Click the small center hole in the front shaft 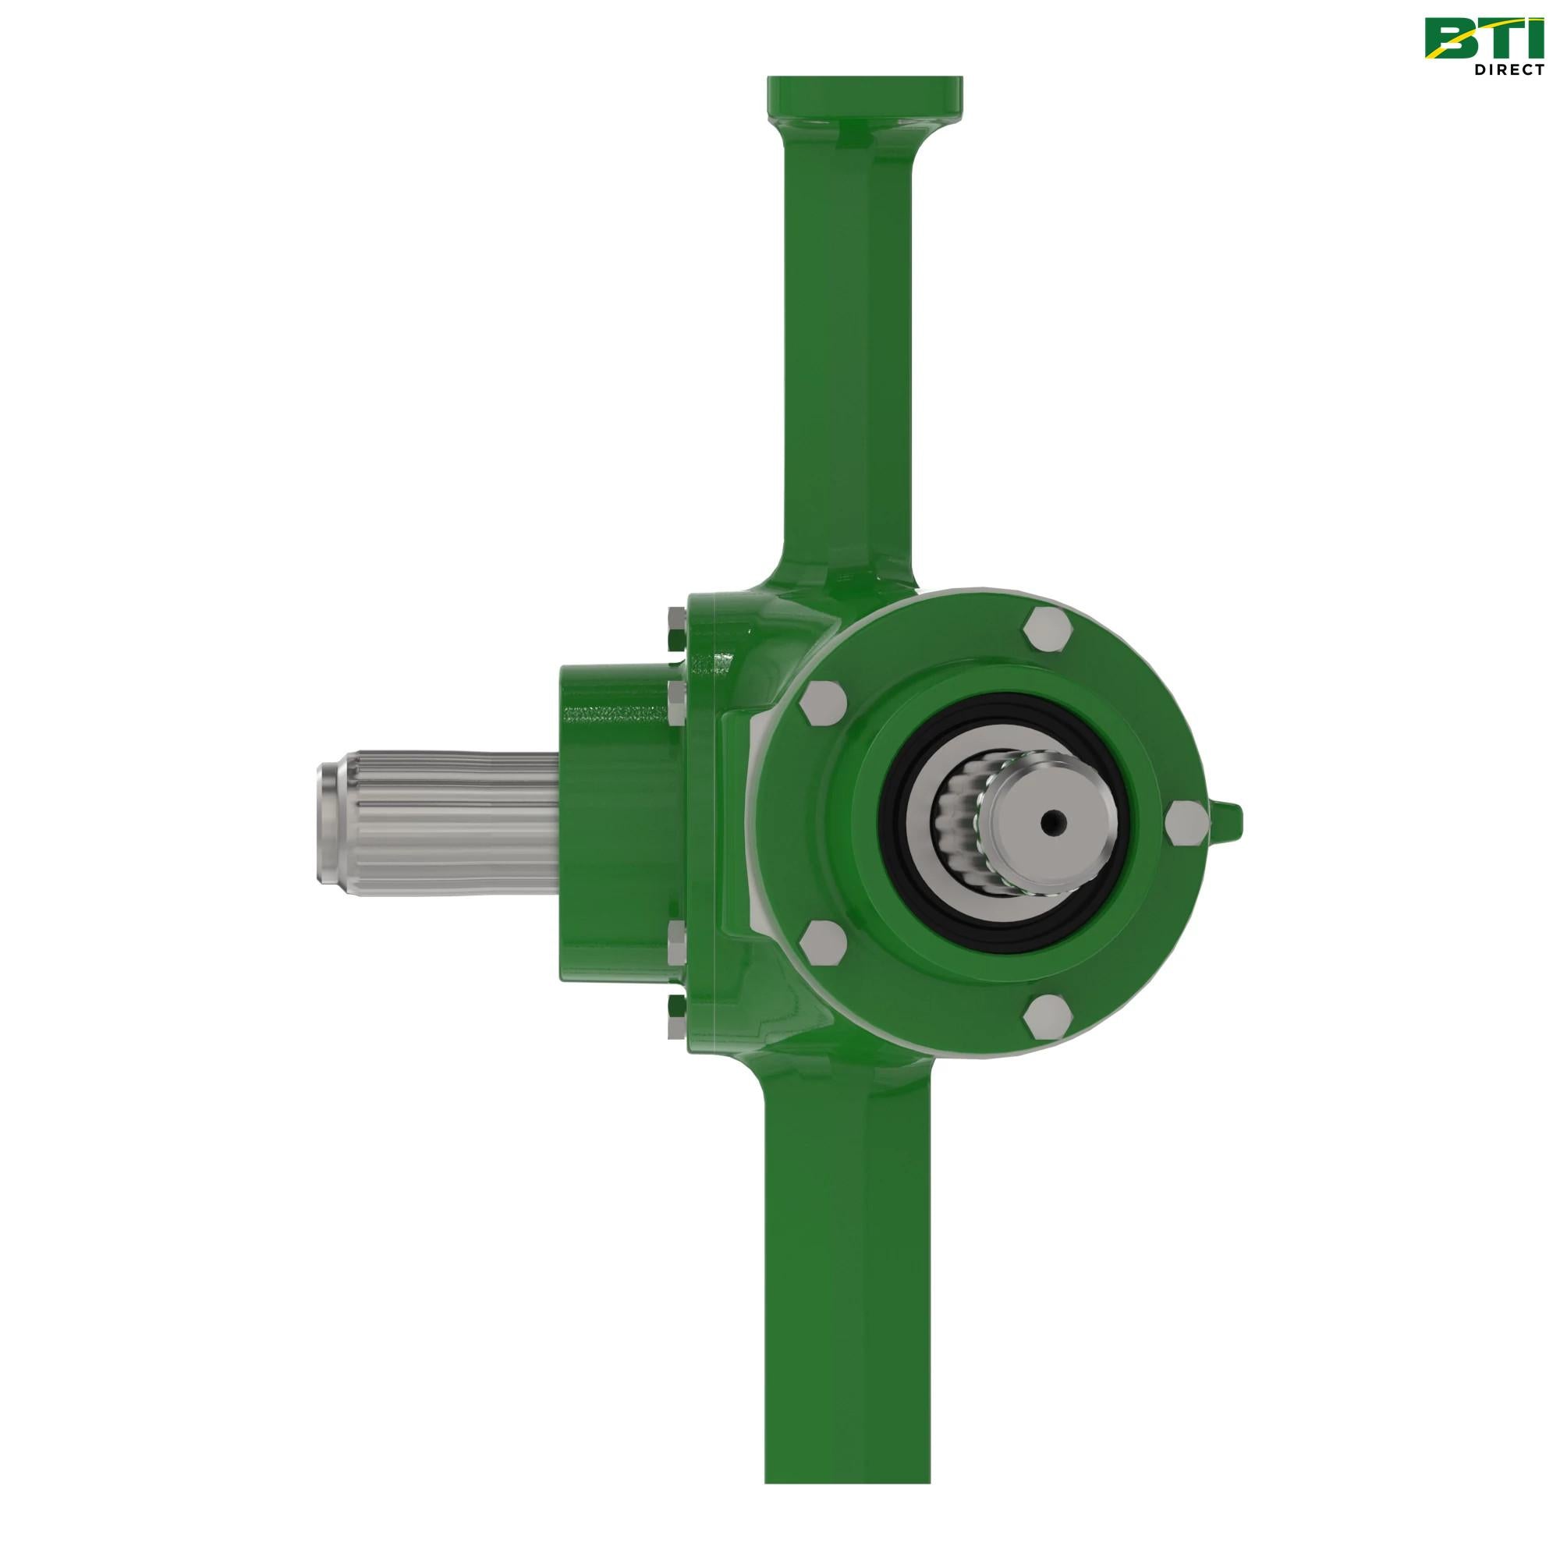tap(1051, 823)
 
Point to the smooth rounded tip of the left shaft tap(331, 823)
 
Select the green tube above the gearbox tap(848, 363)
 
